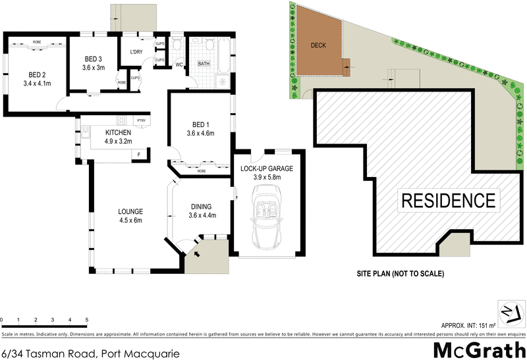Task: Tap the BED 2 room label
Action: (x=36, y=74)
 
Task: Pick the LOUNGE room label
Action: (x=130, y=211)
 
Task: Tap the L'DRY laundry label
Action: (x=136, y=52)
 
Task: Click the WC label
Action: (x=179, y=64)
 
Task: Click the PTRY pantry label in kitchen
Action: (x=140, y=120)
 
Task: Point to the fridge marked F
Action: (x=139, y=155)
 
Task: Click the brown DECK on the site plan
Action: (x=319, y=45)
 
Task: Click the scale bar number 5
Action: (x=87, y=321)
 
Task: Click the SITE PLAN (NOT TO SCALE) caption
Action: (x=398, y=274)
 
